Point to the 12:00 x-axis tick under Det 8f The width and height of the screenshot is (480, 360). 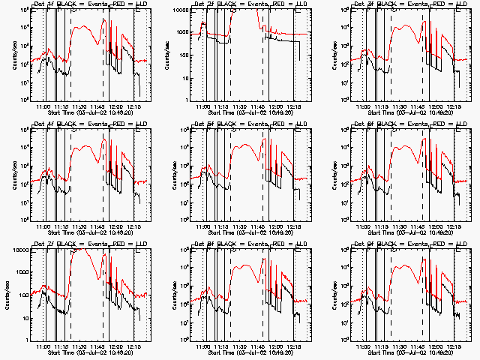[277, 343]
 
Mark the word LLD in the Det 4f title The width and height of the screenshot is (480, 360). [142, 125]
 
